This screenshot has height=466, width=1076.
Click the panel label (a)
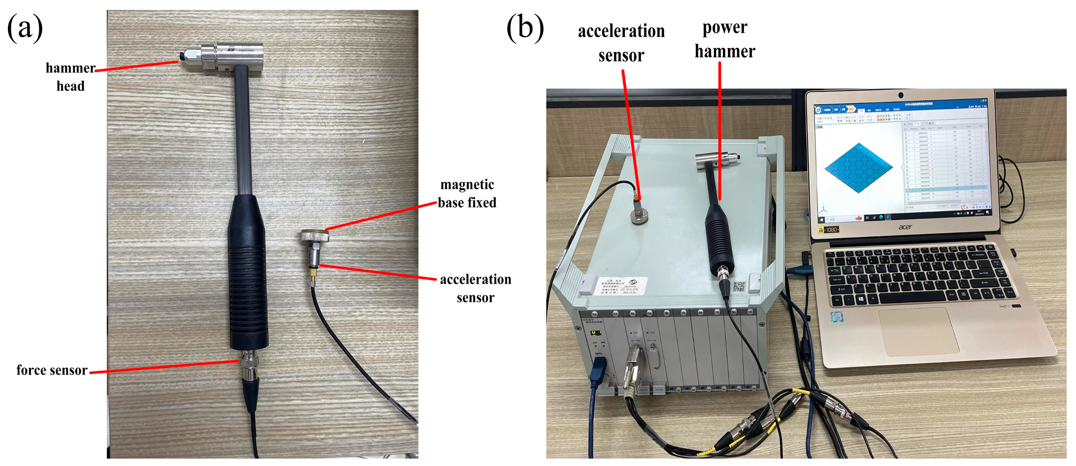25,28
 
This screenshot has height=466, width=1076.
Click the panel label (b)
525,28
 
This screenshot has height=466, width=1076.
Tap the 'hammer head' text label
71,77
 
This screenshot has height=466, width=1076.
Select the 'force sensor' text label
52,370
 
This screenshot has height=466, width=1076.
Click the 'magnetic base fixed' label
467,194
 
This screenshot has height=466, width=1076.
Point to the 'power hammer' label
725,40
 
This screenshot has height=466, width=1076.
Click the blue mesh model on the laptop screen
858,167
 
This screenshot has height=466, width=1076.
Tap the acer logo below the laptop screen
905,227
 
